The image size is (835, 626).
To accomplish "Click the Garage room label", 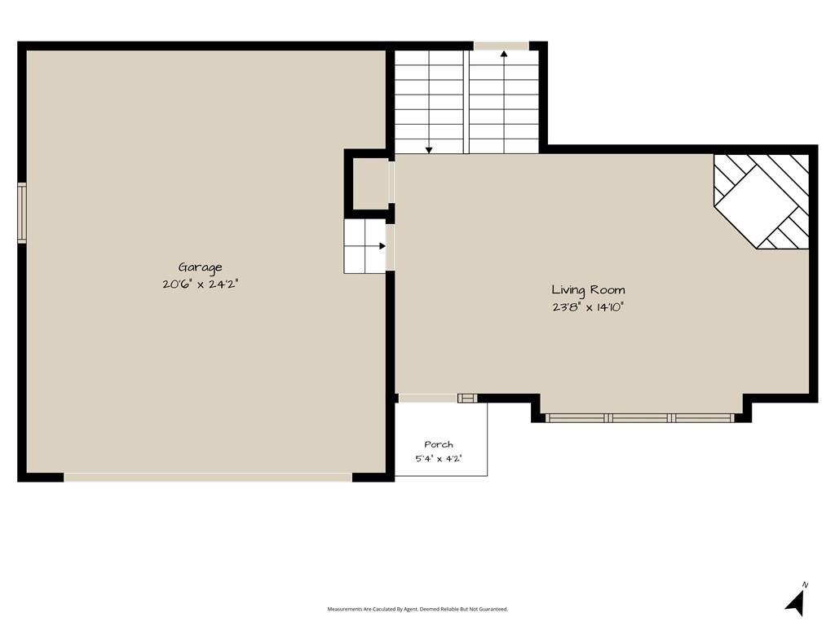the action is tap(200, 267).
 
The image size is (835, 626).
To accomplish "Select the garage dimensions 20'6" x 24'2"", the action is tap(200, 284).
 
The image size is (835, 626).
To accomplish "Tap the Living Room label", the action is tap(588, 290).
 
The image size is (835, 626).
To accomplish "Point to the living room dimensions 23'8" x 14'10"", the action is tap(588, 307).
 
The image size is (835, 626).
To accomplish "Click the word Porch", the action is tap(439, 444).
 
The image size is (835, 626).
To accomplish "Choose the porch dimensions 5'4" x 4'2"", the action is tap(439, 458).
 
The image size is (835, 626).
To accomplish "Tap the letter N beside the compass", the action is tap(805, 585).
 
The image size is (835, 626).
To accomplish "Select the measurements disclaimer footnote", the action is tap(417, 609).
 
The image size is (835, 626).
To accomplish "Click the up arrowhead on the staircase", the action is tap(504, 53).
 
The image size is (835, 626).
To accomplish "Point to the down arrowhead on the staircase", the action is tap(429, 151).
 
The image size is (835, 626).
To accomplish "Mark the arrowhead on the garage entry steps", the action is tap(382, 246).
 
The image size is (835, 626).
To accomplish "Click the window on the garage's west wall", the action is tap(22, 213).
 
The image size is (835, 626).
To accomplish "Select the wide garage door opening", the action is tap(208, 478).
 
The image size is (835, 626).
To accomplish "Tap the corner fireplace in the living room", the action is tap(762, 202).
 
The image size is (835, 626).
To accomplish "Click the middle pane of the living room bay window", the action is tap(640, 418).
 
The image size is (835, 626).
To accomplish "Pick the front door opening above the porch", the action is tap(428, 398).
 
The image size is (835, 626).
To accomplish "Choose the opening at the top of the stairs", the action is tap(501, 46).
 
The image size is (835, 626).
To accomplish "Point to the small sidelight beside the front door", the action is tap(467, 398).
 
